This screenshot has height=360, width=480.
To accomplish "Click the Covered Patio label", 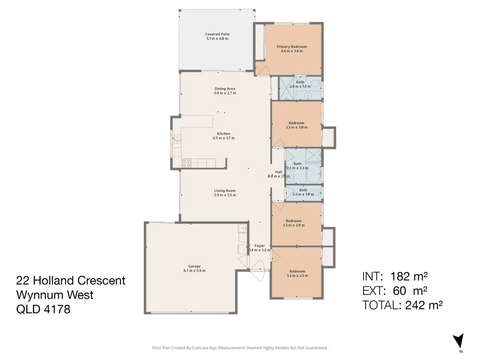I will [x=217, y=34].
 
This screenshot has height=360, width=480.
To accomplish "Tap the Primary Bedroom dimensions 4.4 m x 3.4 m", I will [x=292, y=51].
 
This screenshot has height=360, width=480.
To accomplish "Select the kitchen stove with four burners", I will [x=186, y=163].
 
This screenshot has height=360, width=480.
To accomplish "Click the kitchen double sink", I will [x=176, y=139].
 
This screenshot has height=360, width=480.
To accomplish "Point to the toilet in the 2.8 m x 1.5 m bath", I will [x=316, y=84].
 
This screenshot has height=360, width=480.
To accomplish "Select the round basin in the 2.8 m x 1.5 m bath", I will [x=308, y=95].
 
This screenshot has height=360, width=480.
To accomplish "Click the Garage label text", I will [x=194, y=266].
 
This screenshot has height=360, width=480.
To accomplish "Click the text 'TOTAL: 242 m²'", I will [x=402, y=305].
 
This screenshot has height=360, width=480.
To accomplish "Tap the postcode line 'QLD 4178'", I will [x=43, y=309].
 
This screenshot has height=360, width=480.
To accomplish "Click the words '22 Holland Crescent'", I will [x=71, y=280].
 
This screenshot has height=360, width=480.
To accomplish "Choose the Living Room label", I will [x=225, y=191].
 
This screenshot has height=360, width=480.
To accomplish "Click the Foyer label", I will [x=260, y=246].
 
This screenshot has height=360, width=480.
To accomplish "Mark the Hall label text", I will [x=278, y=172].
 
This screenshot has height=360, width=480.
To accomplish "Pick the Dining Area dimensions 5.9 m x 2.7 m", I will [x=225, y=93].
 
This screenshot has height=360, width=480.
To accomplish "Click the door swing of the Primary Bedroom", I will [x=262, y=70].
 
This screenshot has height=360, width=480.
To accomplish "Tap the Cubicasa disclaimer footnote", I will [x=240, y=348].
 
